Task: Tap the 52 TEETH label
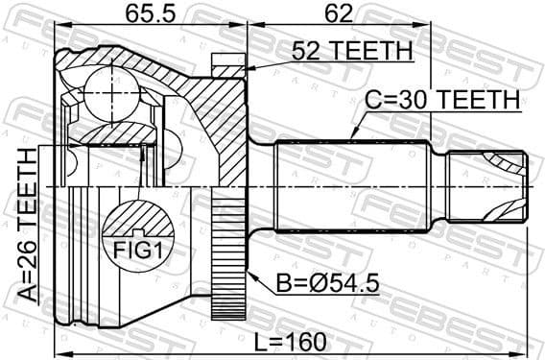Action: pyautogui.click(x=349, y=51)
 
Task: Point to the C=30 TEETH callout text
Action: pyautogui.click(x=442, y=99)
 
